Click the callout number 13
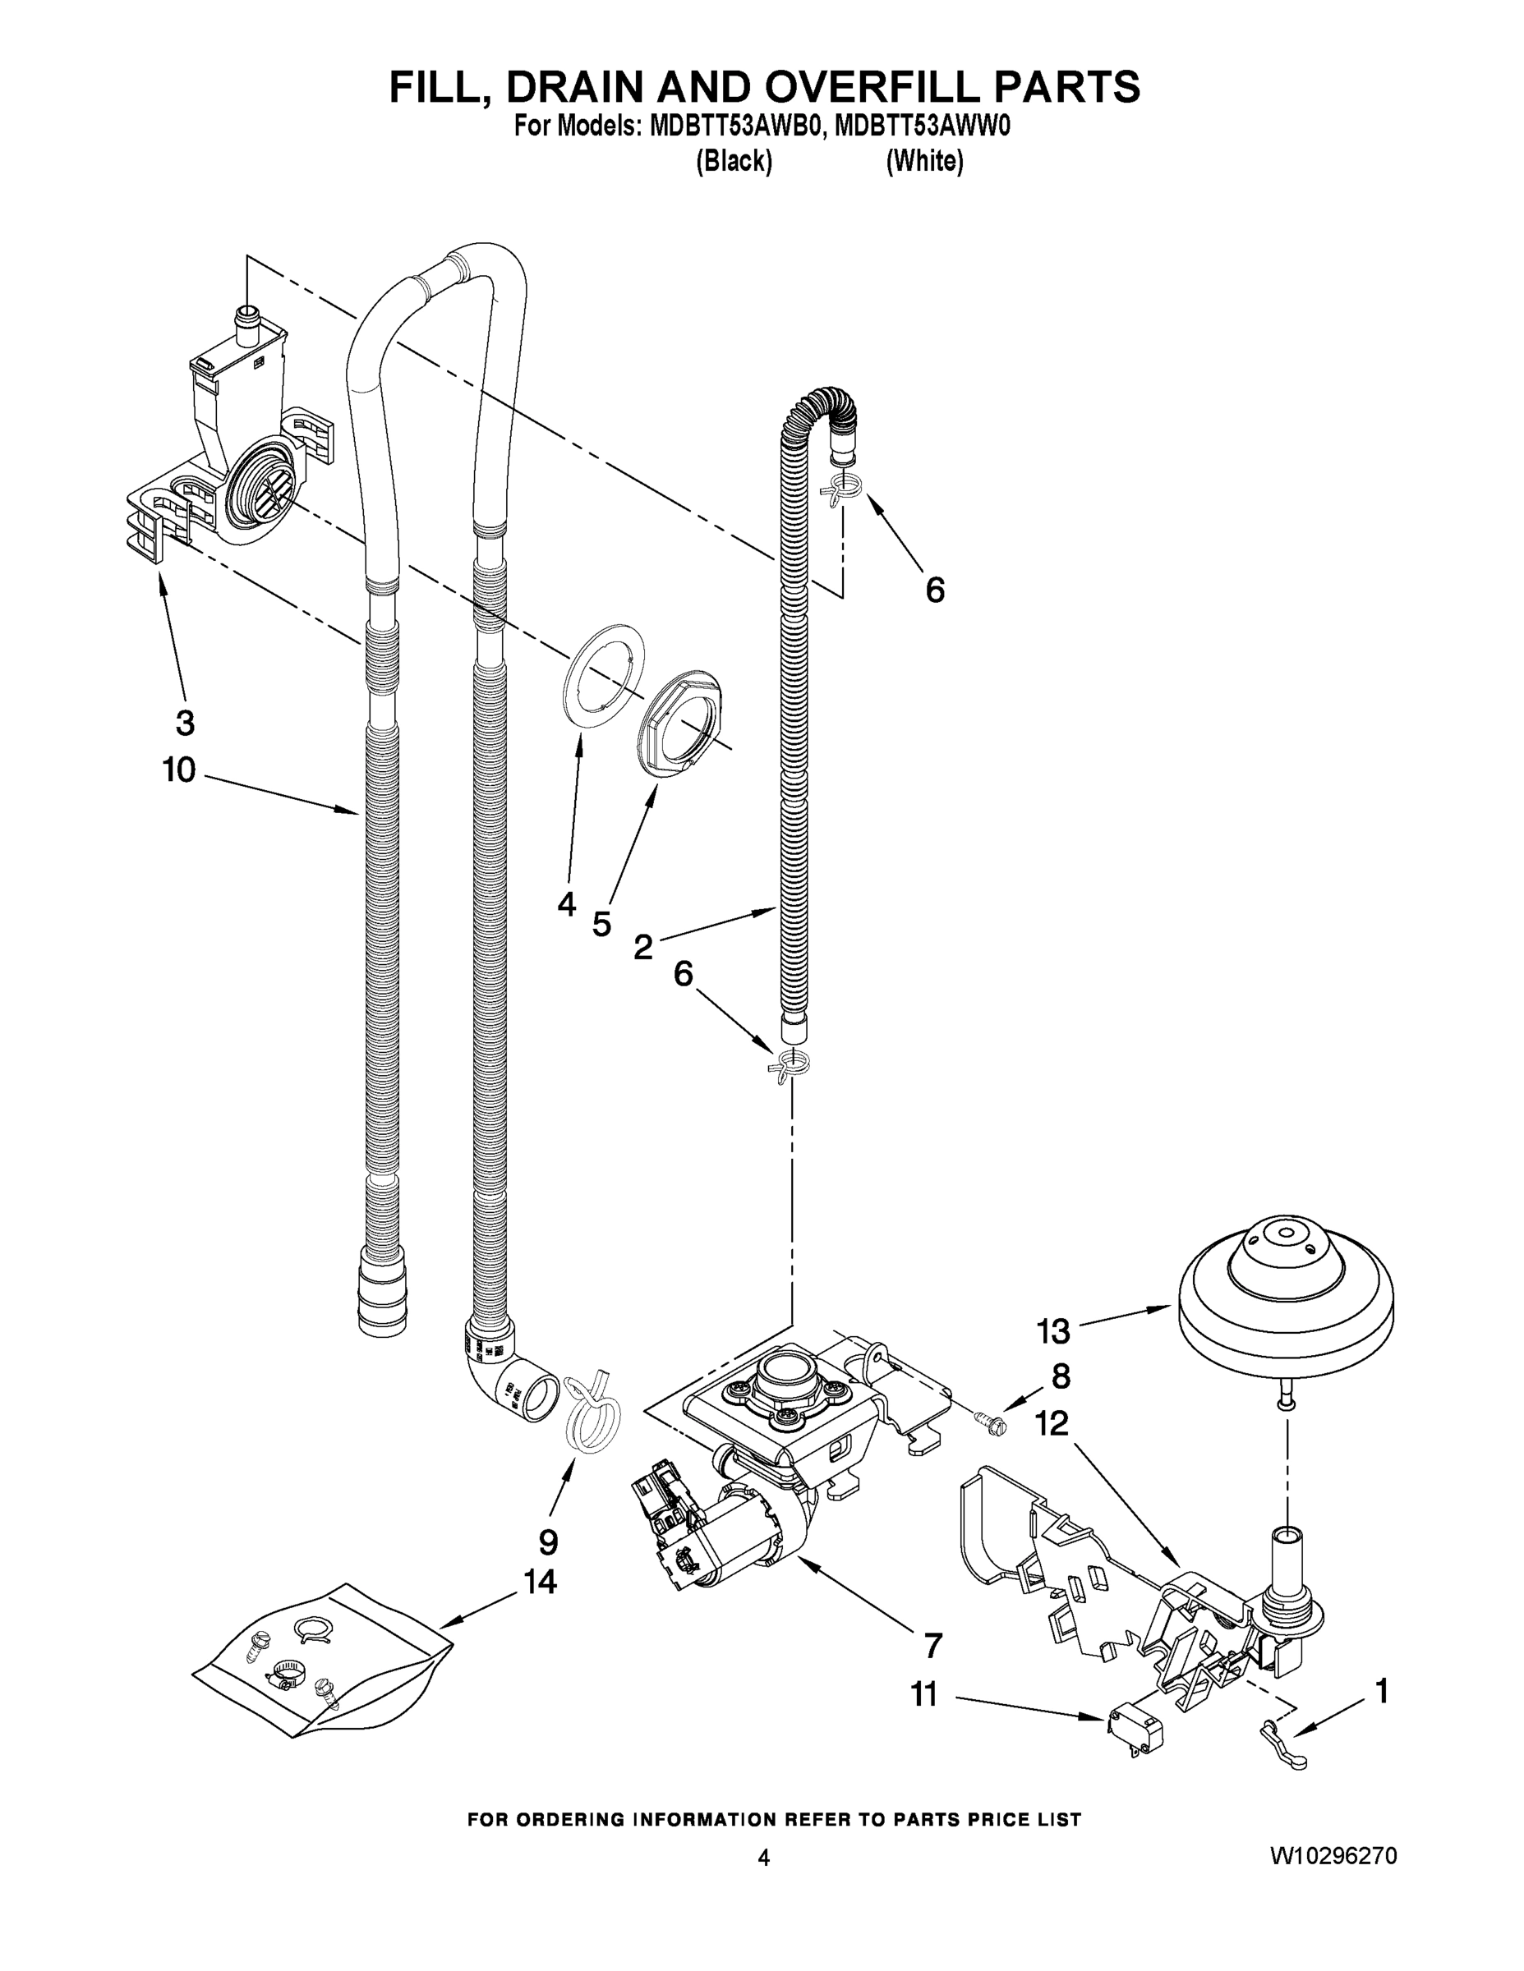tap(1053, 1330)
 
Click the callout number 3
tap(184, 722)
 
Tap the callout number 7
tap(932, 1645)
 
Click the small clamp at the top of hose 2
tap(842, 492)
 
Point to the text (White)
tap(924, 162)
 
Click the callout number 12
tap(1052, 1423)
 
